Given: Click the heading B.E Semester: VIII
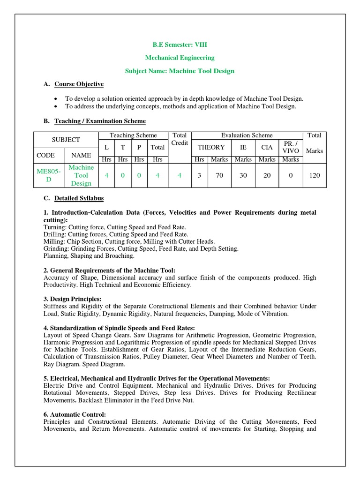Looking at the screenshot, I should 180,45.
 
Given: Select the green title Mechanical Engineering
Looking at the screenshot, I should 180,58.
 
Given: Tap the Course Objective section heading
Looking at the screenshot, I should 79,84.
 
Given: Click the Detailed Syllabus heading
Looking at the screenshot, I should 79,198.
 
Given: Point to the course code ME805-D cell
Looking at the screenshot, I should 49,175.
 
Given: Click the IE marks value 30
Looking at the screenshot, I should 243,175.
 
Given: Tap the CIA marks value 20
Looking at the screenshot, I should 267,175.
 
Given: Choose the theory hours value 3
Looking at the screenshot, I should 199,175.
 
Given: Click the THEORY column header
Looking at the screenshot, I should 211,147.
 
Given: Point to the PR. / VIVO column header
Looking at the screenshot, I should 291,147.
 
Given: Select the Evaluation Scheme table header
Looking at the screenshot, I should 247,135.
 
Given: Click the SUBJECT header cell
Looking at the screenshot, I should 66,140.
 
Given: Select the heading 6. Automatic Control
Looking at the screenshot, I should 75,415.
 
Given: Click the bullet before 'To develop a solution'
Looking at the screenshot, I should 56,99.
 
